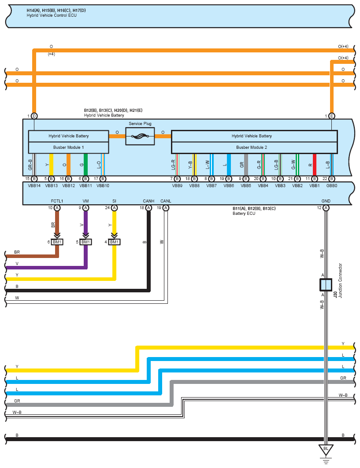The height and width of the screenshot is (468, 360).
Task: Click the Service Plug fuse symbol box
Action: (x=140, y=136)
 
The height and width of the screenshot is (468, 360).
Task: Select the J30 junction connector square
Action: (x=326, y=285)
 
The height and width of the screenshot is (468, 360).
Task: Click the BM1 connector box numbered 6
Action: (x=57, y=242)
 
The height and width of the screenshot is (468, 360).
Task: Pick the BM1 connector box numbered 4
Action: (x=114, y=242)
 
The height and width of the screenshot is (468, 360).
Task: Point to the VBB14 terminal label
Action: (x=34, y=186)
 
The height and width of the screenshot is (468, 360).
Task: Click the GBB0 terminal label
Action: (x=332, y=186)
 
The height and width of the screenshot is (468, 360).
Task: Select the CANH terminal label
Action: (x=148, y=201)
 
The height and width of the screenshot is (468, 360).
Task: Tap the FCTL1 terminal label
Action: (x=57, y=201)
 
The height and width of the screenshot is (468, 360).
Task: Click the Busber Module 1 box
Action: (x=68, y=147)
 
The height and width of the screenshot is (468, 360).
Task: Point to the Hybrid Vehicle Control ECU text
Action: (x=52, y=15)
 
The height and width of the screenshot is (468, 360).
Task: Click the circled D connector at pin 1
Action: (x=34, y=116)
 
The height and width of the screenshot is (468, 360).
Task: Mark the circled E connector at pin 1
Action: (x=331, y=116)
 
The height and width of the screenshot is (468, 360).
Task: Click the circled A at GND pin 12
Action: (x=326, y=208)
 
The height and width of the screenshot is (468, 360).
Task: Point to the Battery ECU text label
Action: (x=244, y=214)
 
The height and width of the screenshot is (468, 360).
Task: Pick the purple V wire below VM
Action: (x=85, y=225)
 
